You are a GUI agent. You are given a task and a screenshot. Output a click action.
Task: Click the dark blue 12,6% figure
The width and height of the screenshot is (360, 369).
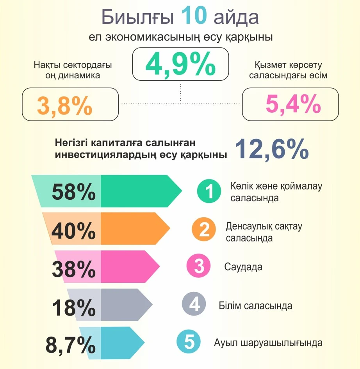tap(272, 149)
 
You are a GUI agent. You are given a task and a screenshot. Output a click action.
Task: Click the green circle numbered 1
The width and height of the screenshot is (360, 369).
tap(210, 192)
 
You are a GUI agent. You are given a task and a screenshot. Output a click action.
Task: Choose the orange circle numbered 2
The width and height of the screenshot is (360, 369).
tap(205, 230)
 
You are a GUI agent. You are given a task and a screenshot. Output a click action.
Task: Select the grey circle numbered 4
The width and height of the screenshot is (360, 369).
tap(194, 304)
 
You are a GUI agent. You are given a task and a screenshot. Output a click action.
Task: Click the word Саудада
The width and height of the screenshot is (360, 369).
tap(243, 267)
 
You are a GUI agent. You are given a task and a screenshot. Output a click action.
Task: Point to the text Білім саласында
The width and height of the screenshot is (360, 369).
tap(255, 305)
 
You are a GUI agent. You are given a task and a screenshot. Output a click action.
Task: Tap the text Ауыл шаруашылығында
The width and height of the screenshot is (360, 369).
tap(268, 343)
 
